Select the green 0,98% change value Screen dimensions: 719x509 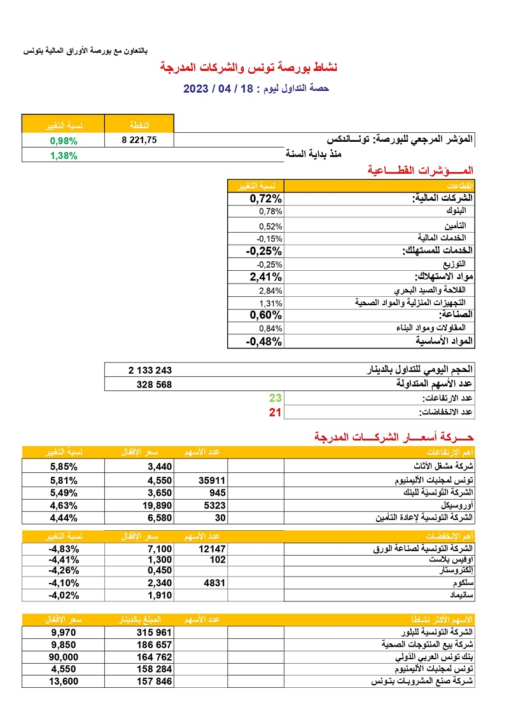[x=64, y=140]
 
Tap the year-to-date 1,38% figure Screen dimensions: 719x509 [x=64, y=155]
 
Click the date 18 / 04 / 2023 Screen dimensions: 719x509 [x=222, y=88]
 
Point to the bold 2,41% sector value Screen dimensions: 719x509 [x=265, y=277]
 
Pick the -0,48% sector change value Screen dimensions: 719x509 [x=264, y=341]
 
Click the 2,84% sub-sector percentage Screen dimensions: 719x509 [x=270, y=291]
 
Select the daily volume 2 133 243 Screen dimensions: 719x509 [x=150, y=370]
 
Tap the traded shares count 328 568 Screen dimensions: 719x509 [x=154, y=385]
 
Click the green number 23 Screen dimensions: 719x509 [x=275, y=398]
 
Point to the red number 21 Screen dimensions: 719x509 [x=275, y=413]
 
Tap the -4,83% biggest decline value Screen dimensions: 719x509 [x=63, y=548]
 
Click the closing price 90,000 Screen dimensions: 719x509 [x=64, y=657]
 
